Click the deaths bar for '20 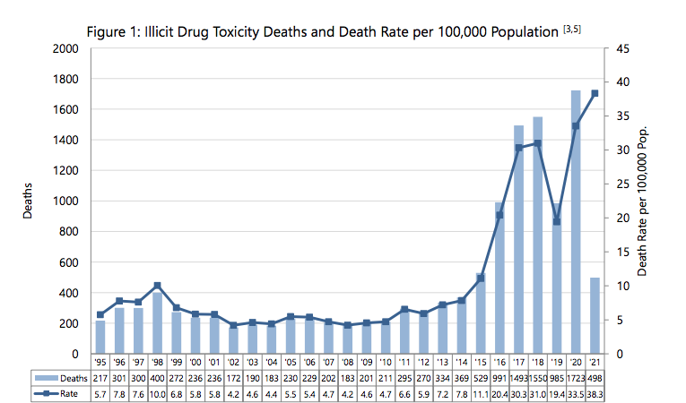click(x=576, y=222)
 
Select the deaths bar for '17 click(x=518, y=239)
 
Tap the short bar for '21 click(x=595, y=315)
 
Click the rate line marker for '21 click(x=595, y=93)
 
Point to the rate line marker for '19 click(x=557, y=221)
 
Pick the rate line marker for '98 click(x=158, y=286)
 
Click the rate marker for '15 click(x=481, y=278)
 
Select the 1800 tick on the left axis click(x=65, y=79)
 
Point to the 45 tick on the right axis click(x=622, y=48)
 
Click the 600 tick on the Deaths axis click(x=68, y=262)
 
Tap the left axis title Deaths click(x=28, y=201)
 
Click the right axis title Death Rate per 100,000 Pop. click(x=642, y=201)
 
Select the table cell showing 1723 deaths click(x=576, y=378)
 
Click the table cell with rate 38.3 click(x=595, y=394)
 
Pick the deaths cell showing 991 click(x=499, y=378)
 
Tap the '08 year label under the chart click(x=347, y=363)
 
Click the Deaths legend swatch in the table click(x=47, y=378)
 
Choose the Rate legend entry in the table click(x=56, y=394)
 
